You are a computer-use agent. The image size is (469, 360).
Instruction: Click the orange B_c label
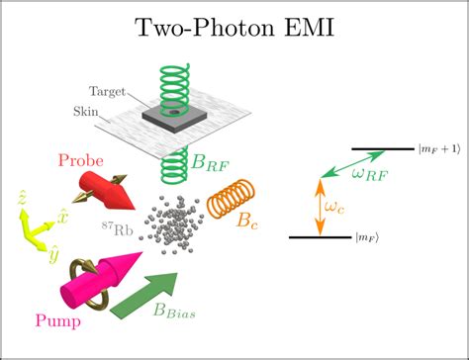click(250, 224)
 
